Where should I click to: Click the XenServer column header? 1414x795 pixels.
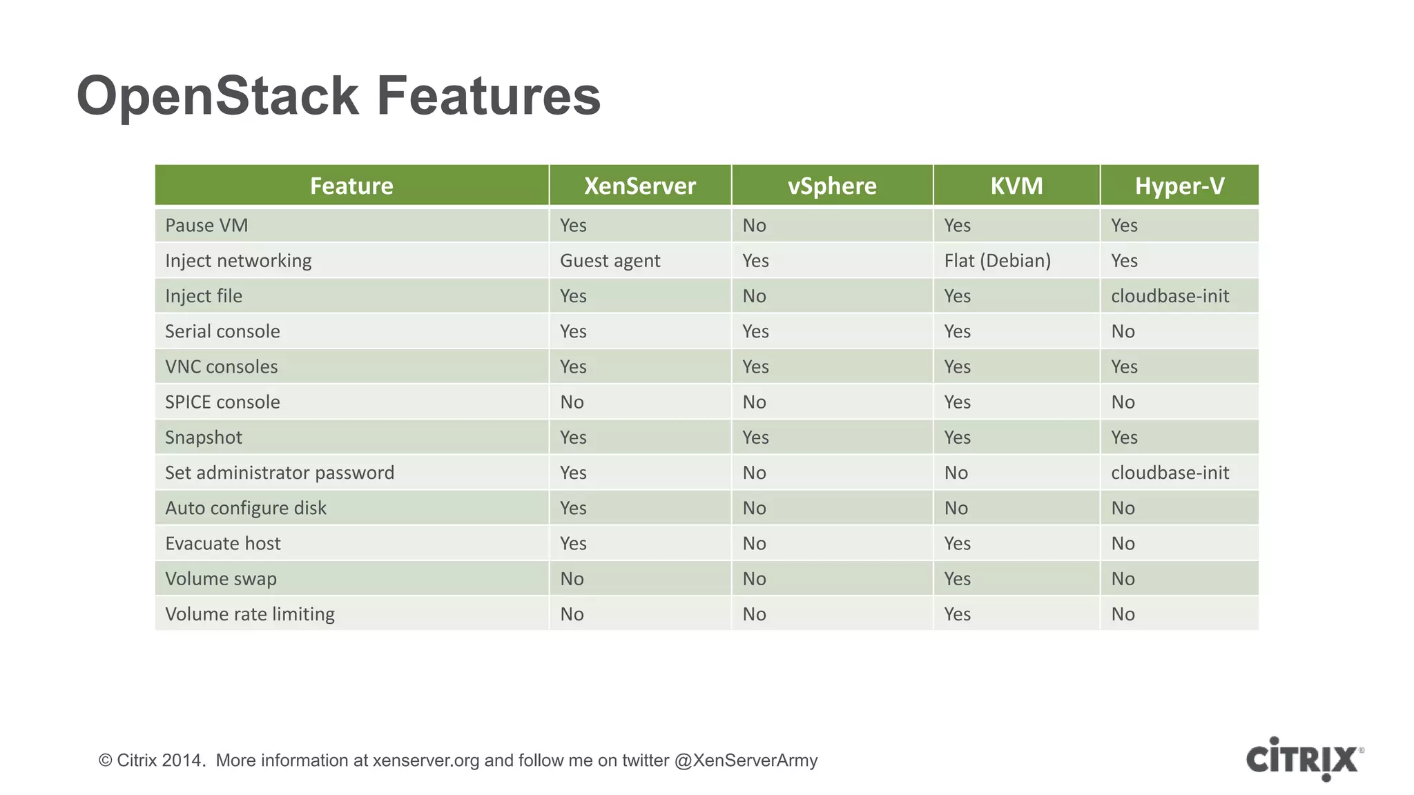pos(639,186)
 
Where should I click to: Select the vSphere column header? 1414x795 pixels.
pos(832,186)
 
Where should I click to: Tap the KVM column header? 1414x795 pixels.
pos(1016,186)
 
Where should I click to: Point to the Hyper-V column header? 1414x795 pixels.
pos(1179,186)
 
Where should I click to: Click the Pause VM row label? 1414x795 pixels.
pos(206,226)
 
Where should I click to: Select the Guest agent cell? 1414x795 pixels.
pos(610,261)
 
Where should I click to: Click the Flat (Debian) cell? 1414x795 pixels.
pos(997,261)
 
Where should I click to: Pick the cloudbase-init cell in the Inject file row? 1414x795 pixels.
pos(1170,296)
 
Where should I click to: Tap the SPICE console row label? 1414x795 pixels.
pos(222,402)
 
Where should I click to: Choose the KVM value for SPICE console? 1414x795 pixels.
pos(957,402)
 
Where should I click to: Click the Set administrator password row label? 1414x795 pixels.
pos(280,473)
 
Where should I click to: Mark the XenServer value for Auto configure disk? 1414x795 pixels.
pos(573,508)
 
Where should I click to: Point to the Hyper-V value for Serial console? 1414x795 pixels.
pos(1123,331)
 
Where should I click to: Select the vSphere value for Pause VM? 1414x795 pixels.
pos(754,226)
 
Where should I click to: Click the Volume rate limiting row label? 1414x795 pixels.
pos(250,614)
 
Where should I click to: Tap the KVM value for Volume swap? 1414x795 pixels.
pos(957,579)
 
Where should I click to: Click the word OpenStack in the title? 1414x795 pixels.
pos(217,96)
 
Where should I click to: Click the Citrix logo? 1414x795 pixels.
pos(1304,759)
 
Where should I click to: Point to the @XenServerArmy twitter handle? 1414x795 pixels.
pos(746,760)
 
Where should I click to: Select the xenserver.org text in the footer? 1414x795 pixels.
pos(426,760)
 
